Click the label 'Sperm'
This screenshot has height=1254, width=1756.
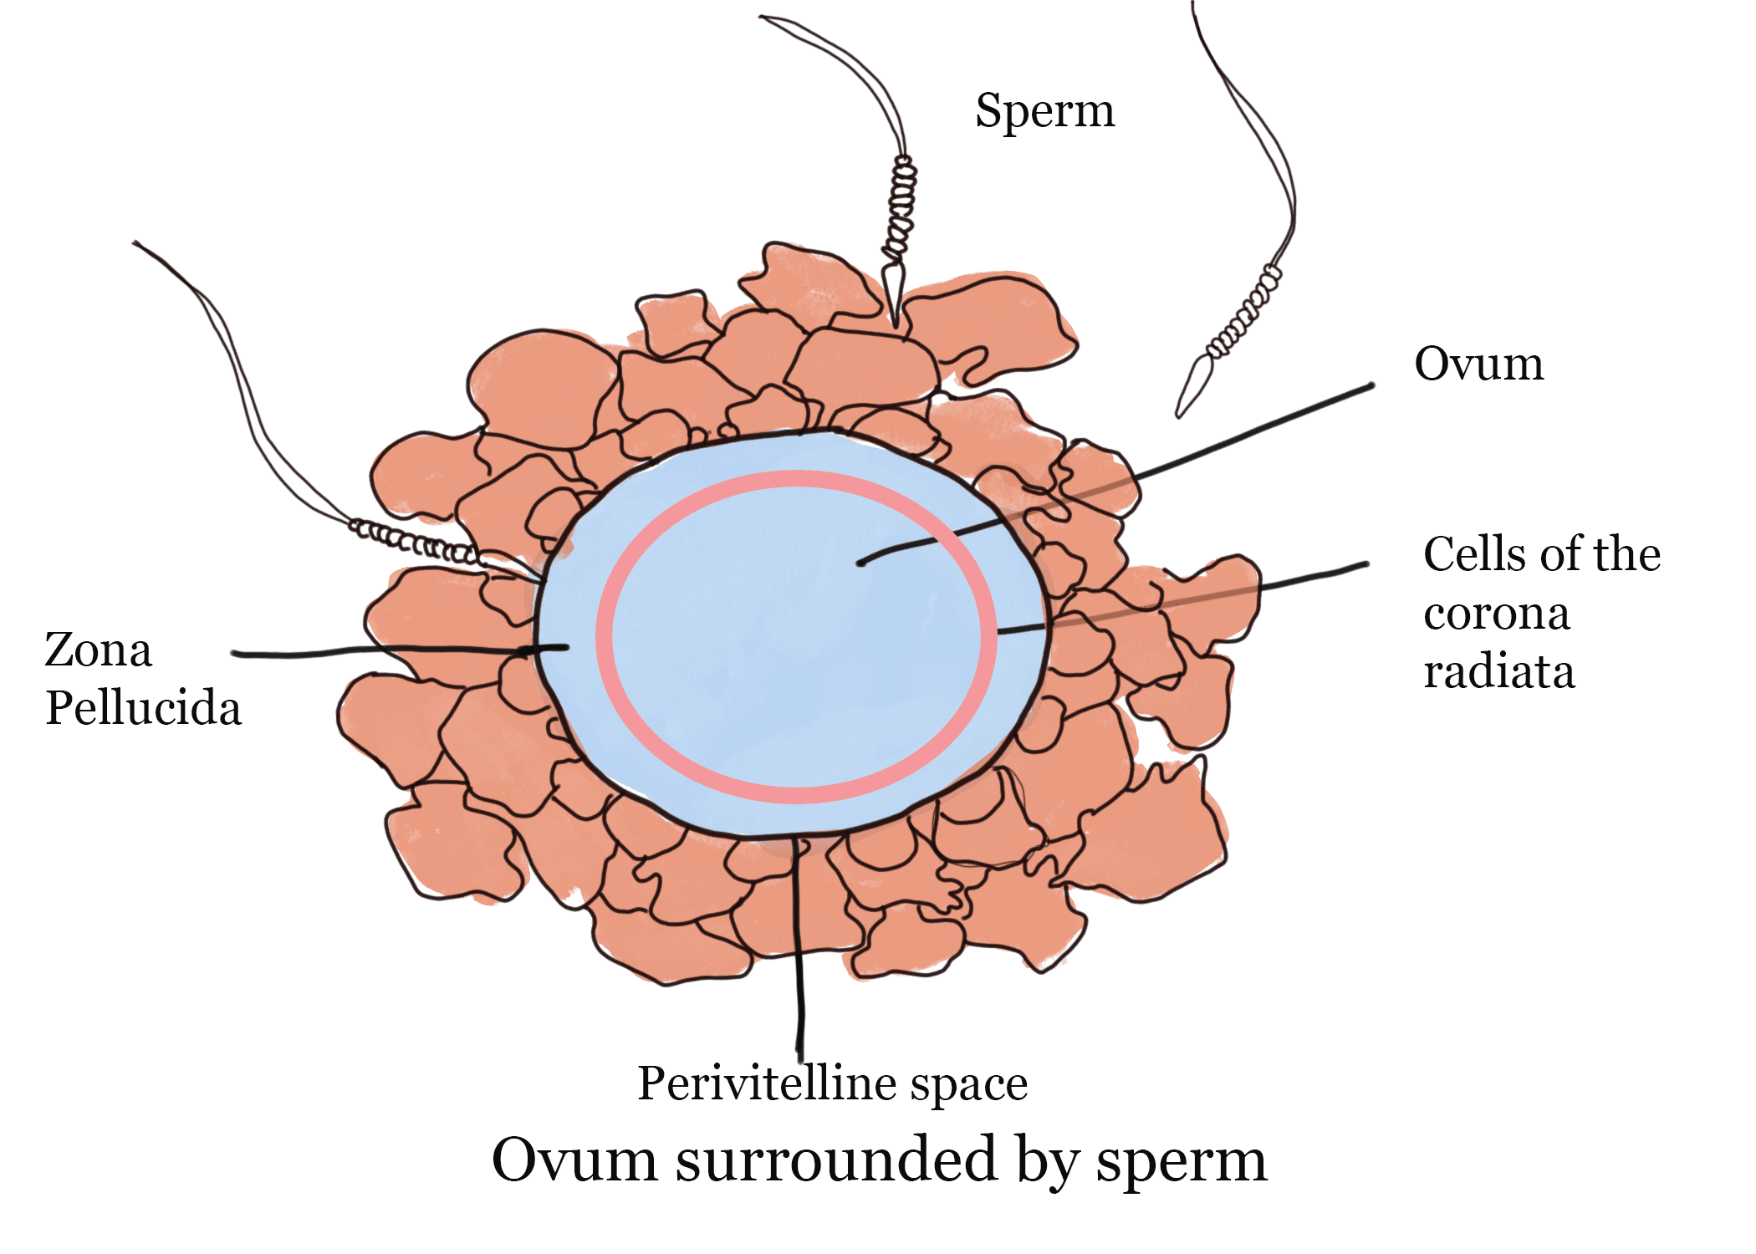point(1044,111)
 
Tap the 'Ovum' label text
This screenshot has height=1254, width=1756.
point(1478,364)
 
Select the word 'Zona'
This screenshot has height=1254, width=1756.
point(98,650)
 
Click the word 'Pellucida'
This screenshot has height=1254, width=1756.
point(143,709)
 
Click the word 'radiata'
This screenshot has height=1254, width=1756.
point(1498,671)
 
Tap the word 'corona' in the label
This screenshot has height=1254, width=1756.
point(1496,614)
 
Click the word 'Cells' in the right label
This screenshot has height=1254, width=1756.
point(1469,554)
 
